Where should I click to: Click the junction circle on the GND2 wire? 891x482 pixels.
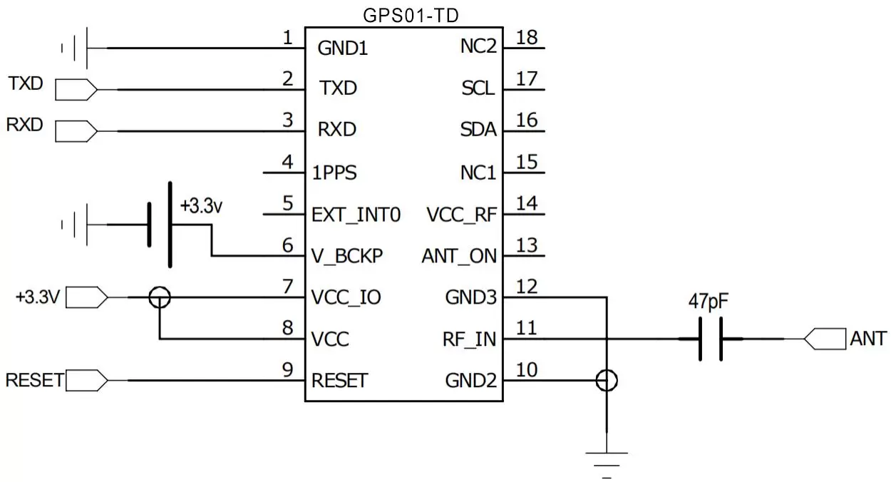[607, 381]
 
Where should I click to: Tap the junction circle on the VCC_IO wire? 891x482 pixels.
[160, 297]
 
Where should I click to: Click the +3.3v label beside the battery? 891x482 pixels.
[202, 207]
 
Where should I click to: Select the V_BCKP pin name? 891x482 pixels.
[348, 256]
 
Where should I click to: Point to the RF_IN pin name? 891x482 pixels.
[469, 340]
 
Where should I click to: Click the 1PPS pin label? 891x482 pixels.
[334, 173]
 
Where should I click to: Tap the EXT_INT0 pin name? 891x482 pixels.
[356, 215]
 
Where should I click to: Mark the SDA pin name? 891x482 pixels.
[478, 130]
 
